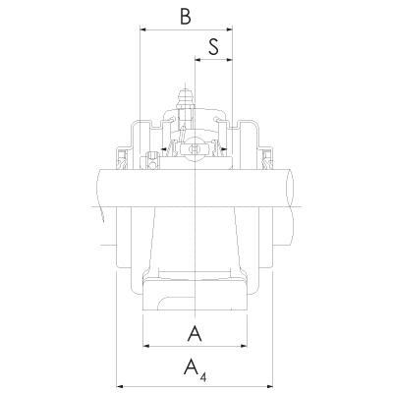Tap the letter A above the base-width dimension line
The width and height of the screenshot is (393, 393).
point(195,334)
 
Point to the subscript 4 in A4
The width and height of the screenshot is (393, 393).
point(202,374)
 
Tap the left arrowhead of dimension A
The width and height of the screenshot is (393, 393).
point(146,347)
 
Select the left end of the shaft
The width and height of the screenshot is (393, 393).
point(100,186)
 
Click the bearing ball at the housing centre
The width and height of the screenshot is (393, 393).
point(195,148)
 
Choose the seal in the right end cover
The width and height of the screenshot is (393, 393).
point(264,153)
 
